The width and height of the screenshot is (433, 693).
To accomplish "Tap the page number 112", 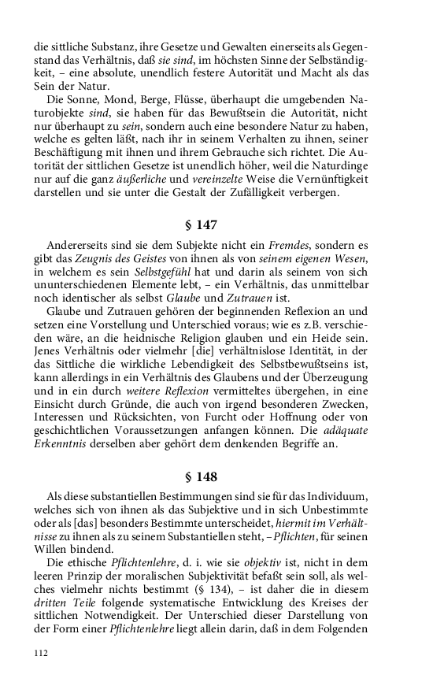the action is click(42, 652).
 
